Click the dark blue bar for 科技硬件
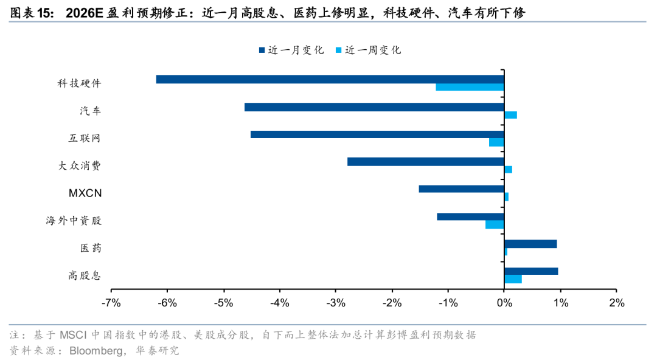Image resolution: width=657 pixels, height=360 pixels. pos(330,79)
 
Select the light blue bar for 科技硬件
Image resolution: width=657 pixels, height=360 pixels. pos(470,87)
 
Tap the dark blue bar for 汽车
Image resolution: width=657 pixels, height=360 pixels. pos(374,107)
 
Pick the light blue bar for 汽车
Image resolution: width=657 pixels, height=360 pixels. pos(510,115)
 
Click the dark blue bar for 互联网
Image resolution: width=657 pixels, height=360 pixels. pos(377,134)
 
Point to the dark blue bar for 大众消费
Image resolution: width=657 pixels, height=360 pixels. pos(425,162)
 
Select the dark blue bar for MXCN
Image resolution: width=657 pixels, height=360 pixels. pos(461,189)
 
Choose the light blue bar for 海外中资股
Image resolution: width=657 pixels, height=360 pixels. pos(495,224)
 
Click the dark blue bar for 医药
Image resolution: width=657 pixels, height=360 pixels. pos(530,244)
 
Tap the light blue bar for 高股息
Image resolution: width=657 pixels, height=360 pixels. pos(513,279)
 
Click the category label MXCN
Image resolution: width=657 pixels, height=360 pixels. pos(85,193)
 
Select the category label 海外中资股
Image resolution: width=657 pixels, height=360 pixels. pos(74,221)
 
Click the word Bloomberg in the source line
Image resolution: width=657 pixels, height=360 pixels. pos(97,351)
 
